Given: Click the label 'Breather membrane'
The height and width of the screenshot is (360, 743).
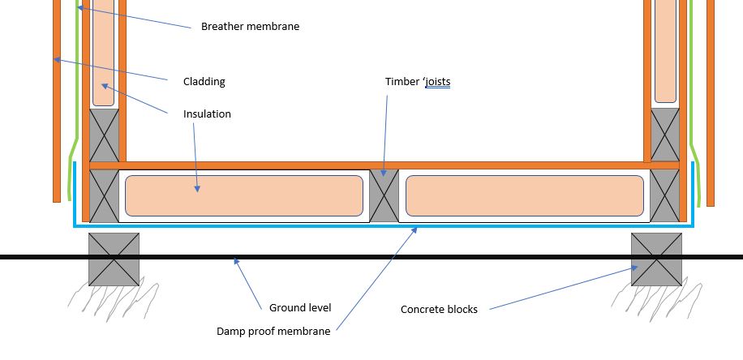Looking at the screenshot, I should [x=250, y=27].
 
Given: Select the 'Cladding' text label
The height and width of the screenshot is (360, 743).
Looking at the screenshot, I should [x=204, y=81].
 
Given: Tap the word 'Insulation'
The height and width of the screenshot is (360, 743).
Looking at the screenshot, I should [x=207, y=114].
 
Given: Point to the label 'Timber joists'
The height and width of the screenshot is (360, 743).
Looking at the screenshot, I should [x=417, y=82].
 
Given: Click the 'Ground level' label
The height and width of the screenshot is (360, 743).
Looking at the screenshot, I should [x=300, y=307].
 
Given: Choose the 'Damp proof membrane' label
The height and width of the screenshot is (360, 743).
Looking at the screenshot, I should [x=273, y=332].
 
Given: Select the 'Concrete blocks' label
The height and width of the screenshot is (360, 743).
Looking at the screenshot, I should [x=439, y=310].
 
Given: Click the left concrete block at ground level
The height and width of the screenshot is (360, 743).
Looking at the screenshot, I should [x=114, y=259].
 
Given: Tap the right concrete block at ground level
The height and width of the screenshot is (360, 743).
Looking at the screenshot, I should [x=656, y=259].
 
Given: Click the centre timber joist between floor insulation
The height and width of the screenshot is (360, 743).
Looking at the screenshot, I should [x=384, y=195].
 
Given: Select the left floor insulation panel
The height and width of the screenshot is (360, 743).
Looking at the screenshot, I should [x=243, y=195].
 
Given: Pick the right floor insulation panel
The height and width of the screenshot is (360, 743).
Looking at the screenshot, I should [x=525, y=195].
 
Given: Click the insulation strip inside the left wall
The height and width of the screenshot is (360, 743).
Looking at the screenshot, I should [x=103, y=53].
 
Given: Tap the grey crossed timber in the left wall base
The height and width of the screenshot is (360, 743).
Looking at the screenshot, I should [x=103, y=135].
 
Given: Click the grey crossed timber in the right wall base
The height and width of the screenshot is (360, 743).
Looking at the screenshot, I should [x=665, y=135].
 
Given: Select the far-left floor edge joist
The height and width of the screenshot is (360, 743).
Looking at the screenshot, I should [x=104, y=195].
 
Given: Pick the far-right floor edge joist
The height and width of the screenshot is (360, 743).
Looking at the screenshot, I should [x=664, y=195].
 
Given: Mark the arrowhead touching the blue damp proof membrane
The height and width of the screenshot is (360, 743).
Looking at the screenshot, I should [x=417, y=230].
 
